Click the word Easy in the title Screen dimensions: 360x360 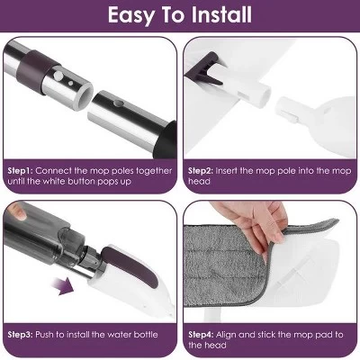(134, 15)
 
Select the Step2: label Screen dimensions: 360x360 (204, 168)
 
